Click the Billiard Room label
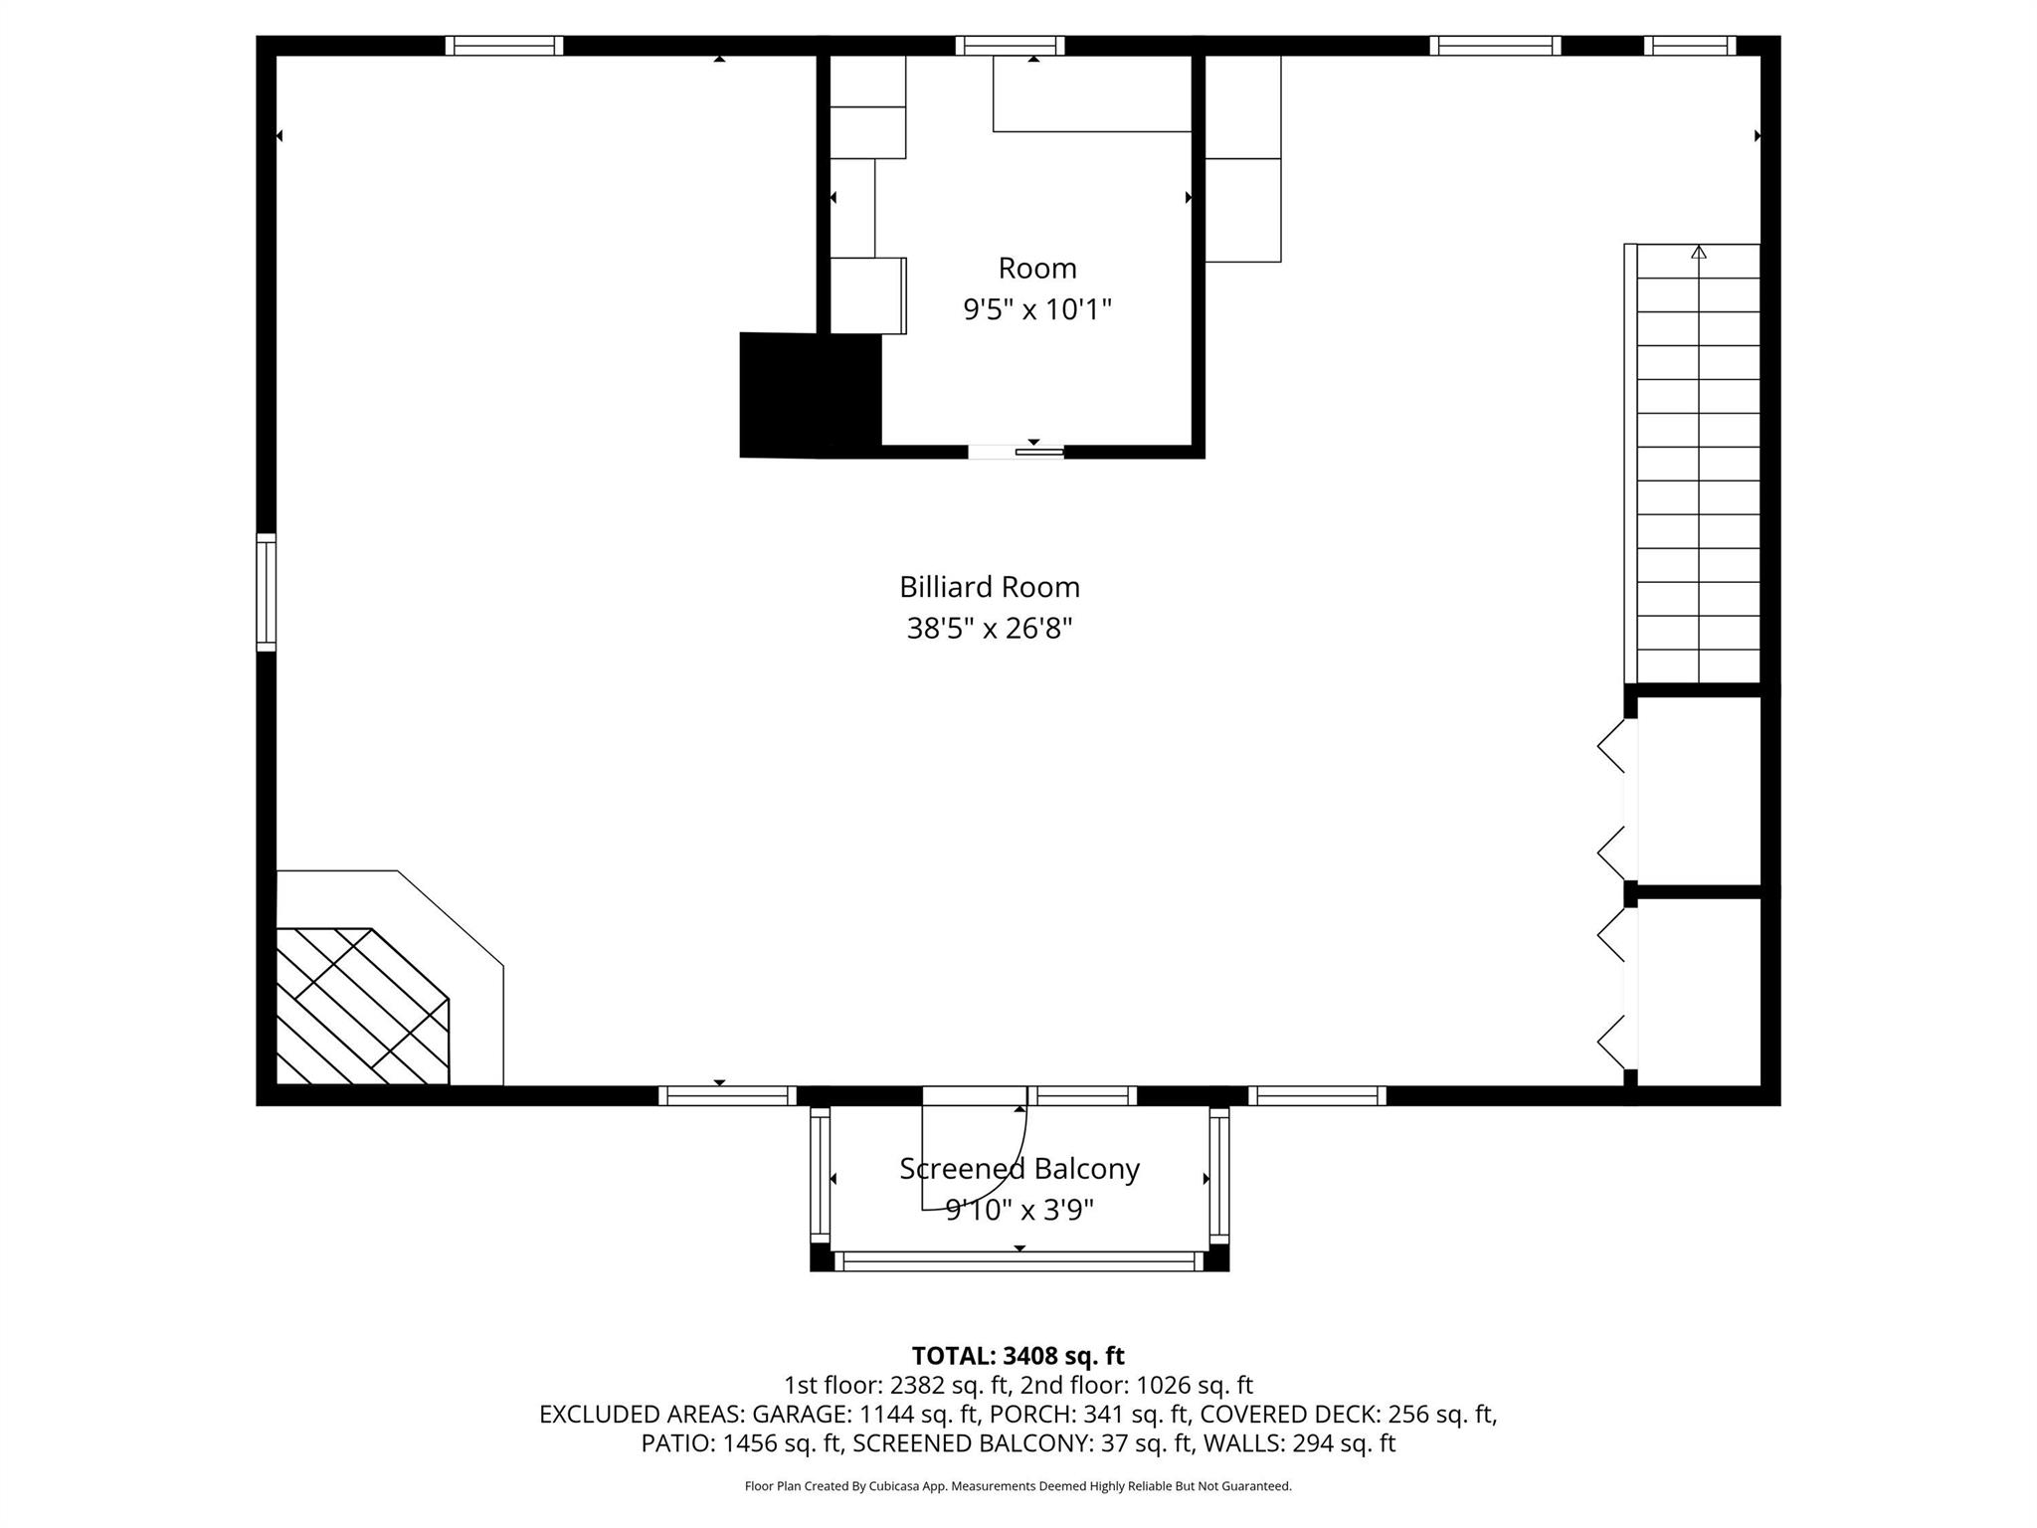(x=989, y=587)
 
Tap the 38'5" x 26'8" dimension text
(x=989, y=629)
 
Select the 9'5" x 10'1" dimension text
(x=1036, y=309)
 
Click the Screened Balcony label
(x=1018, y=1168)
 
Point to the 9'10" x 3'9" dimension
(x=1018, y=1210)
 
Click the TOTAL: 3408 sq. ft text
(x=1018, y=1356)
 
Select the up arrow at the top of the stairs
(x=1699, y=253)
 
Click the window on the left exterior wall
(x=266, y=593)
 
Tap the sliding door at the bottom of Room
(x=1017, y=452)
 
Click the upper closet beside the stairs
(x=1698, y=790)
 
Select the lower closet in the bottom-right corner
(x=1698, y=991)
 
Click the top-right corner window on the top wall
(x=1689, y=46)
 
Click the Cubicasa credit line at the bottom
(x=1018, y=1486)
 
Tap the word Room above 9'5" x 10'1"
(x=1036, y=268)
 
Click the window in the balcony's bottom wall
(x=1018, y=1260)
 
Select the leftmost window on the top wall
(x=503, y=46)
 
